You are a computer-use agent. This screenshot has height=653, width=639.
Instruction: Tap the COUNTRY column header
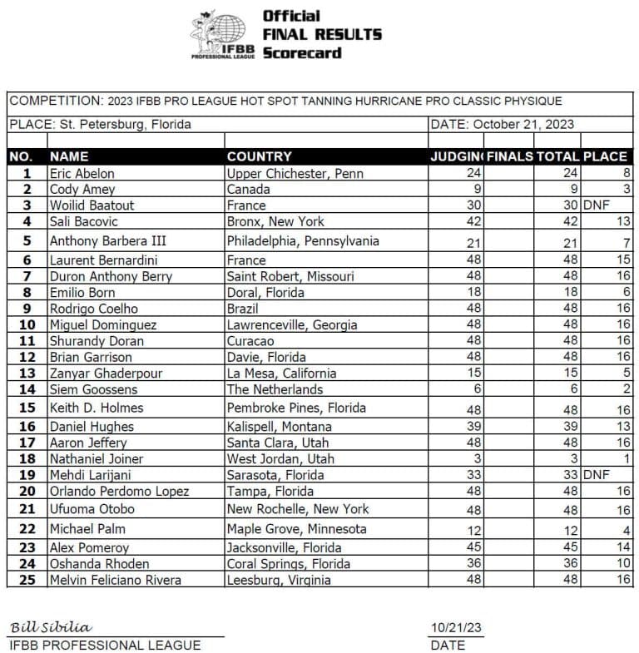(259, 156)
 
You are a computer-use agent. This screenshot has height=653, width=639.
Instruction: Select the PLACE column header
(605, 156)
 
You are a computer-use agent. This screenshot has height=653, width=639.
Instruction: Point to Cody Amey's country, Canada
(249, 190)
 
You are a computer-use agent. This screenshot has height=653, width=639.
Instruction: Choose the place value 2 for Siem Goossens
(626, 389)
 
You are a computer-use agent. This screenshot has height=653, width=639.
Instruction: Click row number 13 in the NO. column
(27, 373)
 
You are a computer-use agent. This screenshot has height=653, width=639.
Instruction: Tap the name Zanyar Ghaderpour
(106, 373)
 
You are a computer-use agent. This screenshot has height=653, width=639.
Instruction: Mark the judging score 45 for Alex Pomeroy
(475, 547)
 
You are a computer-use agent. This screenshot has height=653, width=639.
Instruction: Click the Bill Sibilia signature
(51, 626)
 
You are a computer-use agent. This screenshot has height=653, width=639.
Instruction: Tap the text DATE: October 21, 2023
(503, 125)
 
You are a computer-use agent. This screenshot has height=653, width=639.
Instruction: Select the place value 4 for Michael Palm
(626, 529)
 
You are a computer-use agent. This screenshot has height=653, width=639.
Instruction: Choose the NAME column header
(69, 156)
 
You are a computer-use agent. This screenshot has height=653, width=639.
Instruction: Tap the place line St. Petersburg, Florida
(101, 125)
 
